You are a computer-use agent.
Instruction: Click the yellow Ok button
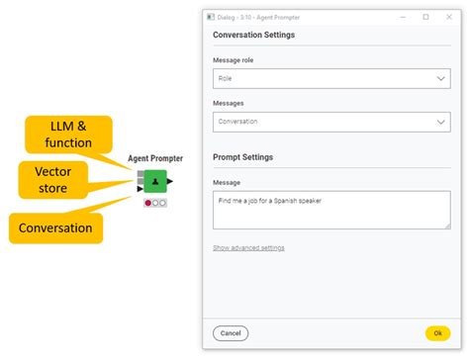point(437,333)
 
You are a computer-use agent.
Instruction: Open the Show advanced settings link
point(248,247)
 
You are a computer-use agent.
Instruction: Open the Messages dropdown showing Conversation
point(331,122)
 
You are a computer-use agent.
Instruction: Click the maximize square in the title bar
point(425,17)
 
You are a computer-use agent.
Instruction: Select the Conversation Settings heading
point(253,36)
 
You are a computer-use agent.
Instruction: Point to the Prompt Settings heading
point(242,157)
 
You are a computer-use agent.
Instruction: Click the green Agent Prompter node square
point(155,182)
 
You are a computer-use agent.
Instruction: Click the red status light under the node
point(148,203)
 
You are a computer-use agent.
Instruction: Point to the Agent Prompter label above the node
point(155,158)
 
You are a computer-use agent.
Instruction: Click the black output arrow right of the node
point(171,182)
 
